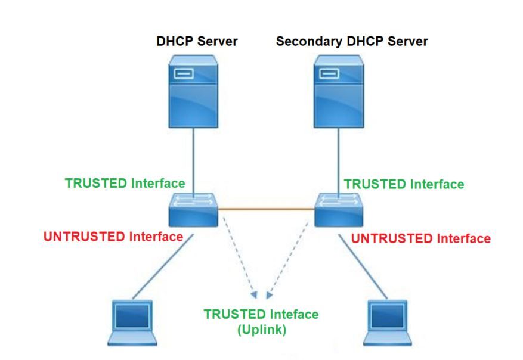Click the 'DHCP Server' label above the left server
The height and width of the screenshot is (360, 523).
click(x=197, y=41)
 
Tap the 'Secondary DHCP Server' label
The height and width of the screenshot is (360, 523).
click(x=352, y=41)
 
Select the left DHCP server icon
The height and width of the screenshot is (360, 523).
click(x=193, y=91)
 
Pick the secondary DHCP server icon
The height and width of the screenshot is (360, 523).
click(x=339, y=91)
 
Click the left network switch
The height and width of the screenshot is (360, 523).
click(x=193, y=210)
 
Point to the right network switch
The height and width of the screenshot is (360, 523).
click(x=339, y=210)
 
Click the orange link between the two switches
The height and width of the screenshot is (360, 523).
click(x=267, y=209)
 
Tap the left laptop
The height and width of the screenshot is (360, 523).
click(x=132, y=322)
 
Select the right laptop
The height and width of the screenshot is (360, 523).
click(x=387, y=322)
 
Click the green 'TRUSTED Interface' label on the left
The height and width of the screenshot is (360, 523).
click(x=125, y=184)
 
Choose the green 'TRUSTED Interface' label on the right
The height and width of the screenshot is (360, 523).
click(x=404, y=184)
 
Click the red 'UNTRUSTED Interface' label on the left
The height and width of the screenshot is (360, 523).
click(x=113, y=237)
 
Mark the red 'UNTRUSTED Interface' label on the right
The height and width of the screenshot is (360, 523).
click(x=421, y=238)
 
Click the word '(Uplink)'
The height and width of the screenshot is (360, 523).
click(x=262, y=330)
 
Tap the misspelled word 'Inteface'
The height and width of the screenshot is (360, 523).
click(x=294, y=314)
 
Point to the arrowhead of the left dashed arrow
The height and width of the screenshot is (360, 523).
click(x=254, y=294)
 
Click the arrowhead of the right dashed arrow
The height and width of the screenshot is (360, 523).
click(x=269, y=294)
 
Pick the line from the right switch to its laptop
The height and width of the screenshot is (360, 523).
click(x=363, y=266)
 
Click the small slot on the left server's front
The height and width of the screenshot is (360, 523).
click(x=184, y=73)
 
